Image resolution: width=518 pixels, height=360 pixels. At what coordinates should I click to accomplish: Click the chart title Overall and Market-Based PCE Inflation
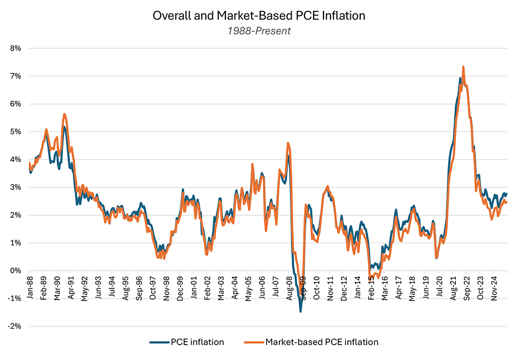click(259, 15)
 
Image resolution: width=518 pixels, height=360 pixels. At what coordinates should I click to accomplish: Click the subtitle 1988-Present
click(259, 31)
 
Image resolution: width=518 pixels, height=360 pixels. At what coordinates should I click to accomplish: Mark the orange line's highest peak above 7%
click(463, 66)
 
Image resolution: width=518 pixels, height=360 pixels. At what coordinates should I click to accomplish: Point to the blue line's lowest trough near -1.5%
click(300, 311)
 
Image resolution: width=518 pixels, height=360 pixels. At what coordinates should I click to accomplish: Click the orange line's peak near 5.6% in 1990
click(65, 114)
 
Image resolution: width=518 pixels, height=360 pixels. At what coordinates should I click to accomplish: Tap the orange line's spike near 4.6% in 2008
click(288, 143)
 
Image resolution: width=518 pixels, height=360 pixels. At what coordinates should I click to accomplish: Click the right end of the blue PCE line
click(507, 193)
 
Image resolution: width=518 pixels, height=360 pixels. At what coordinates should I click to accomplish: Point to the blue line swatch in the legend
click(159, 342)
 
